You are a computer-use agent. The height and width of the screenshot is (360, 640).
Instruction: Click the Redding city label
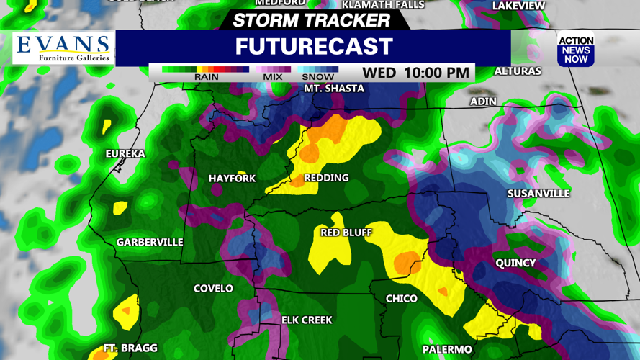click(326, 178)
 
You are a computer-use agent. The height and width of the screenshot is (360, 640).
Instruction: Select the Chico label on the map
click(402, 298)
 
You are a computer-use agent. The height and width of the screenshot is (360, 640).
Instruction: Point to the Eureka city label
click(125, 153)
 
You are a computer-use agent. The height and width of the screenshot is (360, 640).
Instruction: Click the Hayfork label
click(232, 179)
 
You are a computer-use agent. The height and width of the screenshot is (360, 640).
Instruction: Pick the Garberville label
click(150, 243)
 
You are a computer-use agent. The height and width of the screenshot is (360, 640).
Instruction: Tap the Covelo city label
click(213, 289)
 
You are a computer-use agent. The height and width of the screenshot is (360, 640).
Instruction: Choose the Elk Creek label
click(307, 320)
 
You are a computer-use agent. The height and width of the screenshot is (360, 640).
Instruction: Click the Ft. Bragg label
click(130, 348)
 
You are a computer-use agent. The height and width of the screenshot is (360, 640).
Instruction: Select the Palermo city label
click(447, 350)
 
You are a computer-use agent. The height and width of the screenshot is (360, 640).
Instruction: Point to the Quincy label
click(515, 264)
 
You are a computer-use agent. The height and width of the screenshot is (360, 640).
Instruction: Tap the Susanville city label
click(538, 194)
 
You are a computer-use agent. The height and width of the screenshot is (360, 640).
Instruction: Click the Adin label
click(483, 102)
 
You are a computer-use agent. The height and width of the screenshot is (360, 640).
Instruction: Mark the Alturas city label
click(518, 71)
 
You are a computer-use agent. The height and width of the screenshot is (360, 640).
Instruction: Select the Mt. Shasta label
click(334, 89)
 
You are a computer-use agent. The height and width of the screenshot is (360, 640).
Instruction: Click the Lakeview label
click(518, 6)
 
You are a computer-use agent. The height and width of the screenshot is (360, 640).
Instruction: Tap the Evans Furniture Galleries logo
click(64, 48)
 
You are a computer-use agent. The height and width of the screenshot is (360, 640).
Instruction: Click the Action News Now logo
click(576, 50)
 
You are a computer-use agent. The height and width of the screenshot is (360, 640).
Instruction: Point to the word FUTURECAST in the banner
click(314, 47)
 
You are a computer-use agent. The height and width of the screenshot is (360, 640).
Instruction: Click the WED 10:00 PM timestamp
click(416, 73)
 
